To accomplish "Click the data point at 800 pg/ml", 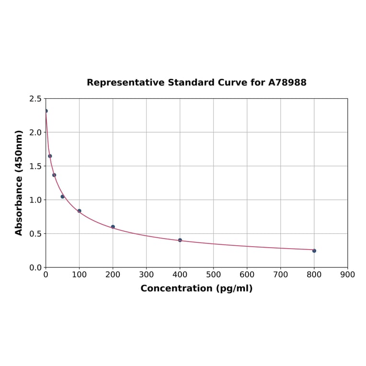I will click(314, 251).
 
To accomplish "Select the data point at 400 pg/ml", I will click(180, 240).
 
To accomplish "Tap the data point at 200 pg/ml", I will click(113, 227).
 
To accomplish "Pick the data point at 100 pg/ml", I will click(80, 211).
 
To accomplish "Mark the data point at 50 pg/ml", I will click(62, 196).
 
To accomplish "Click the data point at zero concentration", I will click(46, 111).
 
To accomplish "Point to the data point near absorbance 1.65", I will click(50, 156).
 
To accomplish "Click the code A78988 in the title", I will click(287, 83).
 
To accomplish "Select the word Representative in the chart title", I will click(126, 83).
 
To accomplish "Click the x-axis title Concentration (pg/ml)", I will click(196, 288).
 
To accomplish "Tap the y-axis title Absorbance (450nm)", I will click(19, 183).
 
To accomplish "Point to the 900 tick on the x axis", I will click(347, 274).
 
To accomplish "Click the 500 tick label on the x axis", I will click(214, 274).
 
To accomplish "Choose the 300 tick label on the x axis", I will click(147, 274).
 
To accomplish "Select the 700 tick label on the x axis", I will click(281, 274).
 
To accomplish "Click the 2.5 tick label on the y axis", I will click(35, 99).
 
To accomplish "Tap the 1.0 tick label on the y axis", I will click(35, 200).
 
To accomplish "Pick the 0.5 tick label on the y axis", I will click(35, 234).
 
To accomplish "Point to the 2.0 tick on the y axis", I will click(35, 132).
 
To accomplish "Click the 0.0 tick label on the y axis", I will click(35, 267).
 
